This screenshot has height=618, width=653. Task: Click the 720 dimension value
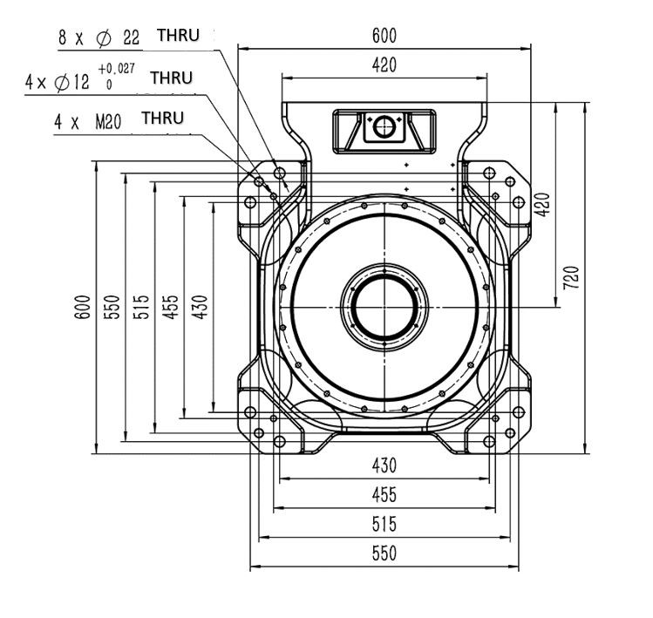(571, 278)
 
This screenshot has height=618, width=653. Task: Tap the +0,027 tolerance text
(116, 69)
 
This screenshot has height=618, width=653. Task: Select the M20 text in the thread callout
(108, 122)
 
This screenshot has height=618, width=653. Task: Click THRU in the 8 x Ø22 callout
(178, 36)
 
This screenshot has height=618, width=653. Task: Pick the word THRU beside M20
(162, 118)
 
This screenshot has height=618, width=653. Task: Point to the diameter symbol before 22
(104, 38)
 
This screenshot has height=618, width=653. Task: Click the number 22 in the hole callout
(131, 37)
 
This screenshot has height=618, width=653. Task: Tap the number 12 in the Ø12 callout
(81, 82)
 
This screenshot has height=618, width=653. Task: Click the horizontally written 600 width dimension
(384, 36)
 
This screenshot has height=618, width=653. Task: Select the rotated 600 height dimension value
(83, 307)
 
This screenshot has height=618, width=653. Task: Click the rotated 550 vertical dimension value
(112, 307)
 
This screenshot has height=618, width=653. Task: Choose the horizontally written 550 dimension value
(384, 553)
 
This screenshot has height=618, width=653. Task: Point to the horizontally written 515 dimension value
(384, 525)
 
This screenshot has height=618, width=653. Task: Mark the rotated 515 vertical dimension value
(141, 307)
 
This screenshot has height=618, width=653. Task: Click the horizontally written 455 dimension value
(384, 495)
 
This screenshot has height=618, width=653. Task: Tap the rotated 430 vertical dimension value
(200, 307)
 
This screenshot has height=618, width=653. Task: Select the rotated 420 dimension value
(541, 205)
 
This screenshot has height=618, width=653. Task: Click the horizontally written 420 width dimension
(384, 65)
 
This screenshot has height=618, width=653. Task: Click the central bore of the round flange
(384, 308)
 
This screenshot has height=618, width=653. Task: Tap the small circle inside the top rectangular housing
(384, 126)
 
